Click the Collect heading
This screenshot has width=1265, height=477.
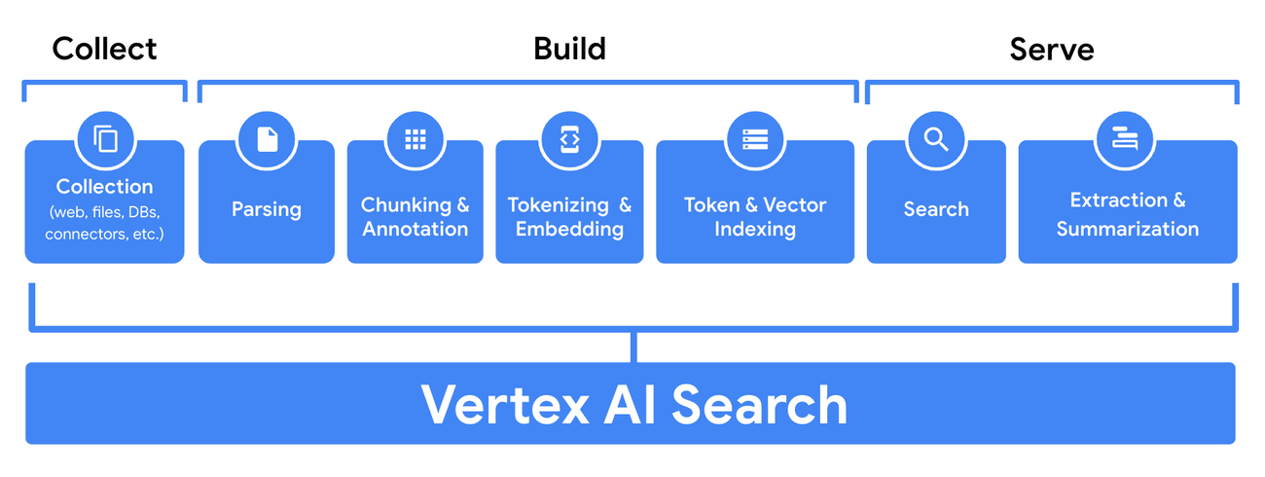pyautogui.click(x=104, y=49)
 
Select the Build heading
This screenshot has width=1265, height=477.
pyautogui.click(x=569, y=49)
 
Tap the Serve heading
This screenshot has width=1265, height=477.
pyautogui.click(x=1051, y=49)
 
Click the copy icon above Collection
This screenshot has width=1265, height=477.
pyautogui.click(x=105, y=139)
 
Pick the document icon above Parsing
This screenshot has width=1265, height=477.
pyautogui.click(x=267, y=139)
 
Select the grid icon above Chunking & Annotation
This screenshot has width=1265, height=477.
pyautogui.click(x=416, y=139)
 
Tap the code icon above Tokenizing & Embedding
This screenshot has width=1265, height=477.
pyautogui.click(x=569, y=139)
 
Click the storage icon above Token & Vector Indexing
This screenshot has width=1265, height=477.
pyautogui.click(x=755, y=139)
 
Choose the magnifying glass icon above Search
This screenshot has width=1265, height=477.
pyautogui.click(x=936, y=139)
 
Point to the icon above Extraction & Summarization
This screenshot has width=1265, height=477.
pyautogui.click(x=1126, y=139)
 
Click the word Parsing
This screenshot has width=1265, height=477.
pyautogui.click(x=267, y=209)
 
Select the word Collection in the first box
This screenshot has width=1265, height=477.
pyautogui.click(x=104, y=186)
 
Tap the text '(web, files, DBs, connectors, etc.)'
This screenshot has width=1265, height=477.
pyautogui.click(x=104, y=223)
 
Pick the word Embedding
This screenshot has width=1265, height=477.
pyautogui.click(x=569, y=230)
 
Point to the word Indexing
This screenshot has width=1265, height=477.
pyautogui.click(x=755, y=230)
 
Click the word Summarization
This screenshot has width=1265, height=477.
pyautogui.click(x=1127, y=230)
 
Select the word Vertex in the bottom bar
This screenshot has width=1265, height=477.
pyautogui.click(x=505, y=404)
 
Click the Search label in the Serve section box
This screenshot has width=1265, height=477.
pyautogui.click(x=936, y=209)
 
